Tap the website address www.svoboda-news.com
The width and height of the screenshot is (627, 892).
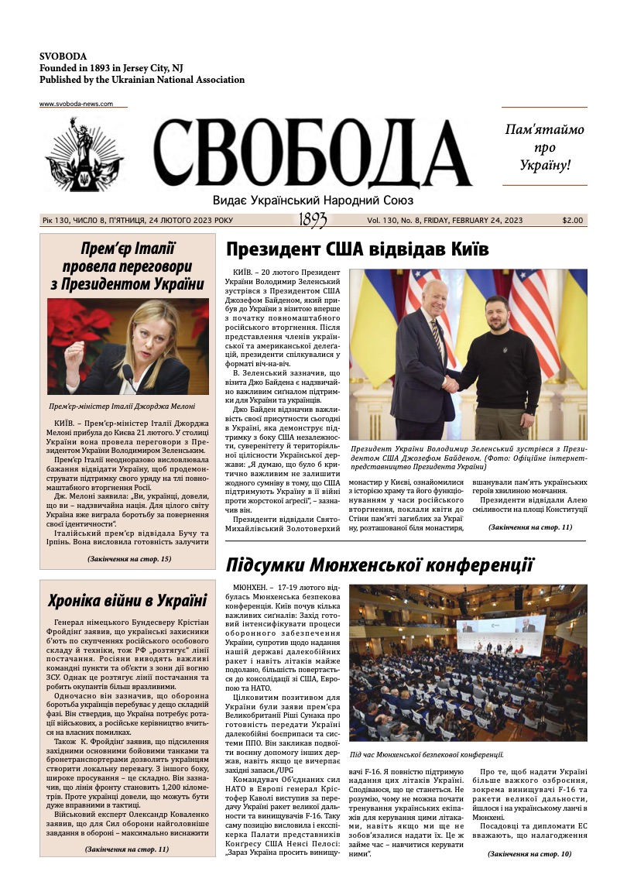pos(76,104)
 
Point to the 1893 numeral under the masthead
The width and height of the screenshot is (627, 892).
pos(312,221)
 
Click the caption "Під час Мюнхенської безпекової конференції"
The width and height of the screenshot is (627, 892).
pos(427,754)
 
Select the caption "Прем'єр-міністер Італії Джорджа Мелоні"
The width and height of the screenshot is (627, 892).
pos(122,406)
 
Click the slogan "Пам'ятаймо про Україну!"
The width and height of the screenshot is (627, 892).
pos(544,146)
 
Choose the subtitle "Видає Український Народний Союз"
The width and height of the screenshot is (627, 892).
pos(312,200)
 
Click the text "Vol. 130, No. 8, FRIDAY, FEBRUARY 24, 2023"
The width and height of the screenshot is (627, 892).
pos(445,221)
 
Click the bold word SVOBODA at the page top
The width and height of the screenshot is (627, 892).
pos(63,57)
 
